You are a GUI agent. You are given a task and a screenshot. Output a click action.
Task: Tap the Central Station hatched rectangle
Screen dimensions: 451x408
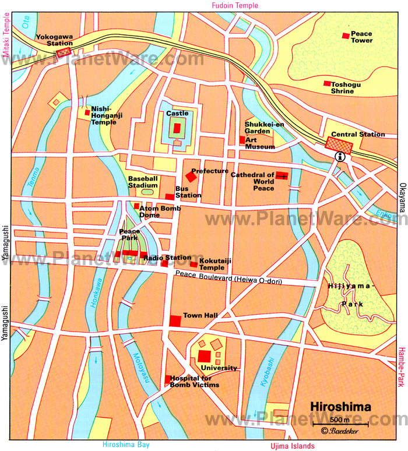pyautogui.click(x=339, y=144)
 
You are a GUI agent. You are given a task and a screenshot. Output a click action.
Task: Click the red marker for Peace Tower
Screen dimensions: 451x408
pyautogui.click(x=345, y=36)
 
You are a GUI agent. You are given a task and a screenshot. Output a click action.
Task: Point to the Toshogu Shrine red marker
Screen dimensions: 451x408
pyautogui.click(x=328, y=83)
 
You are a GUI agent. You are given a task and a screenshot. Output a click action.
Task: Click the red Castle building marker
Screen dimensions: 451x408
pyautogui.click(x=177, y=128)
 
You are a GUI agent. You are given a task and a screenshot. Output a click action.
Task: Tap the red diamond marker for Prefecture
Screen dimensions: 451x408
pyautogui.click(x=191, y=176)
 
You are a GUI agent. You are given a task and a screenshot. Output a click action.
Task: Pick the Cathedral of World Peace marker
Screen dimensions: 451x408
pyautogui.click(x=282, y=175)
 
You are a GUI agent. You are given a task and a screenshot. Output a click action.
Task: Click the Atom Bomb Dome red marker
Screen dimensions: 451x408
pyautogui.click(x=136, y=206)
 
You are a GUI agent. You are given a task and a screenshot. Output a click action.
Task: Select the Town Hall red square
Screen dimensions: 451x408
pyautogui.click(x=175, y=320)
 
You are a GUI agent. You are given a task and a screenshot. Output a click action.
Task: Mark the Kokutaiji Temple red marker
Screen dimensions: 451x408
pyautogui.click(x=194, y=264)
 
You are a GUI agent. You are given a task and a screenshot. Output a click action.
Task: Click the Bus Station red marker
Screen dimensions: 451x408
pyautogui.click(x=169, y=196)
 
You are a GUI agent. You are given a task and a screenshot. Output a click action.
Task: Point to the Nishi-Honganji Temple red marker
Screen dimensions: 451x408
pyautogui.click(x=87, y=112)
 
